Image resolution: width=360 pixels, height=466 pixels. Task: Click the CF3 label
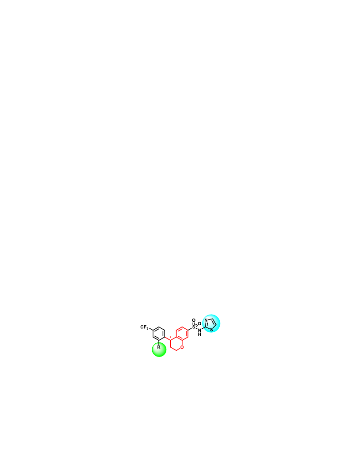[x=144, y=327]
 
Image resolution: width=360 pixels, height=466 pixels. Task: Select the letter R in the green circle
[x=159, y=347]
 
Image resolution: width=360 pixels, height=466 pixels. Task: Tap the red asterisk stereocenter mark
[x=170, y=337]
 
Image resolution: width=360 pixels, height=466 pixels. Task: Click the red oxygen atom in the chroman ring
[x=182, y=347]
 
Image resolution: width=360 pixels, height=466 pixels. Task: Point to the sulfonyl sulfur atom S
[x=194, y=327]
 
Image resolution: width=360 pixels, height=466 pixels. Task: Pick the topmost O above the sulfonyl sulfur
[x=194, y=320]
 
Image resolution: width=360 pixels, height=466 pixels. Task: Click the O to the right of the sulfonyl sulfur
[x=199, y=323]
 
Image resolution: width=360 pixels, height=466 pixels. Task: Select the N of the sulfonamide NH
[x=199, y=330]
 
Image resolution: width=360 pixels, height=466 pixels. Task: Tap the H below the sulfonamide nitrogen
[x=199, y=334]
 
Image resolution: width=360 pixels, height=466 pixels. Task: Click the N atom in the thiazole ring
[x=206, y=320]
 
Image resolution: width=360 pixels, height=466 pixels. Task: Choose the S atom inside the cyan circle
[x=211, y=329]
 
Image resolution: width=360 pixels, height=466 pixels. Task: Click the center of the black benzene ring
[x=159, y=334]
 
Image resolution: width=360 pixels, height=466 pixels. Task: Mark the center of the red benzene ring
[x=182, y=334]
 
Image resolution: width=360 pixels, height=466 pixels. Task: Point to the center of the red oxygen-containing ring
[x=176, y=344]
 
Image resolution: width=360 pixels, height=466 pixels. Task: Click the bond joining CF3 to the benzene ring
[x=151, y=329]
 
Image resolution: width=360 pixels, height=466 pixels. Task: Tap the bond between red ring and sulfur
[x=190, y=329]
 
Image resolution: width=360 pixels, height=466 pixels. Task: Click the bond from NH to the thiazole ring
[x=204, y=329]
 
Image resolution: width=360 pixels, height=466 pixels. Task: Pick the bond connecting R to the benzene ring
[x=159, y=342]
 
